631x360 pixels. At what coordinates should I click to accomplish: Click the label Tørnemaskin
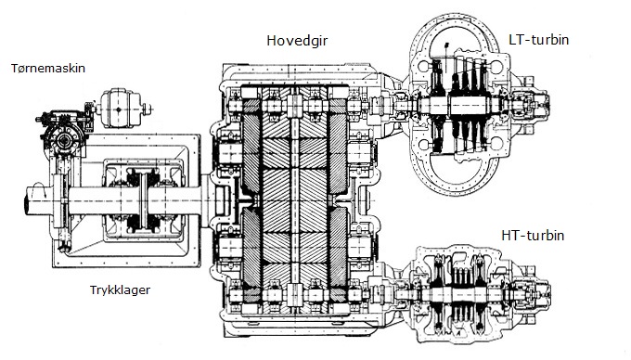click(x=48, y=68)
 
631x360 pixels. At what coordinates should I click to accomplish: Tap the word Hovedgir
click(x=297, y=41)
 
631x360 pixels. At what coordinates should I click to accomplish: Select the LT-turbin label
click(x=538, y=39)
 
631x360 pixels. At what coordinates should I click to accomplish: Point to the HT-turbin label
click(x=533, y=235)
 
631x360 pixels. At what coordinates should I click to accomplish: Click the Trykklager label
click(x=120, y=290)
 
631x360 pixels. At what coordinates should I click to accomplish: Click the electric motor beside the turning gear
click(x=119, y=109)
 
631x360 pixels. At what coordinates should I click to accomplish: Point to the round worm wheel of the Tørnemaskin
click(x=64, y=140)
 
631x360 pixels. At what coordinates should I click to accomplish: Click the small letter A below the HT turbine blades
click(x=458, y=333)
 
